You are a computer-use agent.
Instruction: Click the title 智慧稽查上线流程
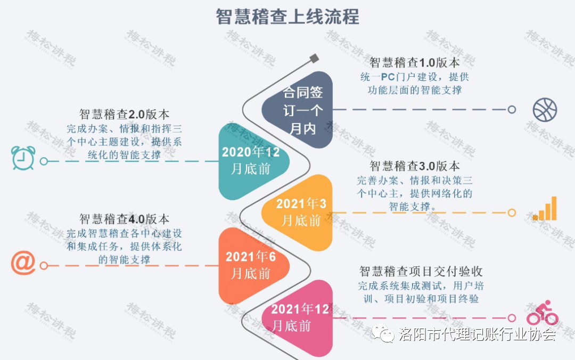point(287,17)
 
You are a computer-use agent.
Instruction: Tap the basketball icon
point(545,110)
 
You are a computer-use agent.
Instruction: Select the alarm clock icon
point(23,158)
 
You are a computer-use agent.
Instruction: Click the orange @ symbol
point(23,263)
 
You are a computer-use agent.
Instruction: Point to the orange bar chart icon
point(545,208)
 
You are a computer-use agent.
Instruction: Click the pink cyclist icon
point(543,313)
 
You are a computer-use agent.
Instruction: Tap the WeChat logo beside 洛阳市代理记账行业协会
point(383,333)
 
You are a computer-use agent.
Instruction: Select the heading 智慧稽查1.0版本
point(414,62)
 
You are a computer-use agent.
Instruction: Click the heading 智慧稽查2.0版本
point(124,114)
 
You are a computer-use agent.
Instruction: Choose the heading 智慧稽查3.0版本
point(414,166)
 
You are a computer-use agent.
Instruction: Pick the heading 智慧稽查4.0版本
point(124,219)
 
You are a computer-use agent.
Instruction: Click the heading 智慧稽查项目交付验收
point(421,271)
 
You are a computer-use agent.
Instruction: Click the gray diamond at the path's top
point(314,59)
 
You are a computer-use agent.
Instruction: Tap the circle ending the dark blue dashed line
point(512,109)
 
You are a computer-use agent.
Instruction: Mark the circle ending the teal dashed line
point(44,161)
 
